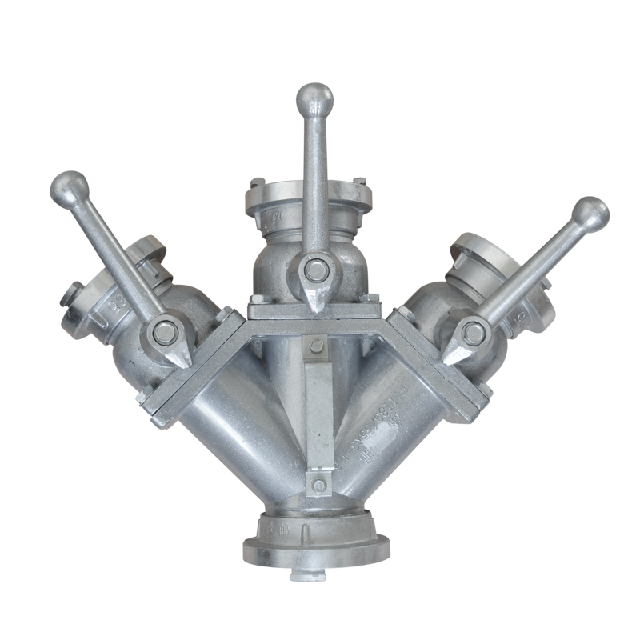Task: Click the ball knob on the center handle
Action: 314,99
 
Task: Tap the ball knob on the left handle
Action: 69,188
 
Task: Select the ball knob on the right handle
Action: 590,214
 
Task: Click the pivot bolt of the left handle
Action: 166,330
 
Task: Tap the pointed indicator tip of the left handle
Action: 185,362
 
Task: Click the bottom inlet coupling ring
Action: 318,543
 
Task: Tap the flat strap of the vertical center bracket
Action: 318,416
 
